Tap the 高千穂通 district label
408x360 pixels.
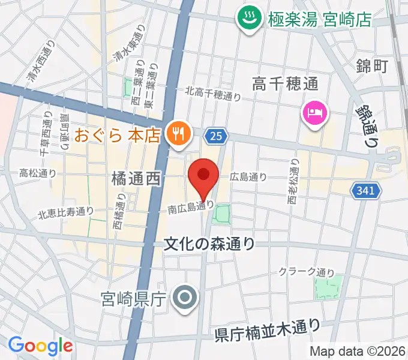click(x=285, y=83)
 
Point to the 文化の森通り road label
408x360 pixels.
click(x=209, y=244)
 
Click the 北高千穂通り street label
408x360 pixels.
click(x=213, y=94)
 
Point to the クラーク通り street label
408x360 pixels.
click(x=307, y=272)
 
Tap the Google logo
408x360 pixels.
click(x=40, y=345)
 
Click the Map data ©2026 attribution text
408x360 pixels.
click(x=358, y=351)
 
